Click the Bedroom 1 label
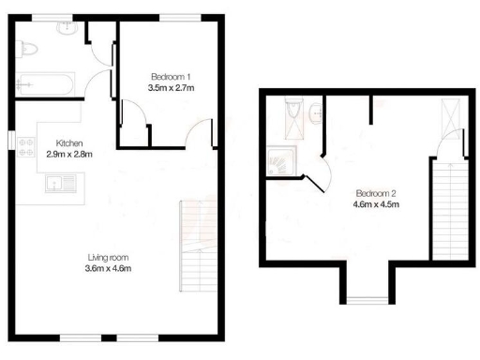[171, 75]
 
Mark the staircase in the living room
[193, 248]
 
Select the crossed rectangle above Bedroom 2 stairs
[449, 118]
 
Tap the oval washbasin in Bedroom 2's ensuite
[316, 113]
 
